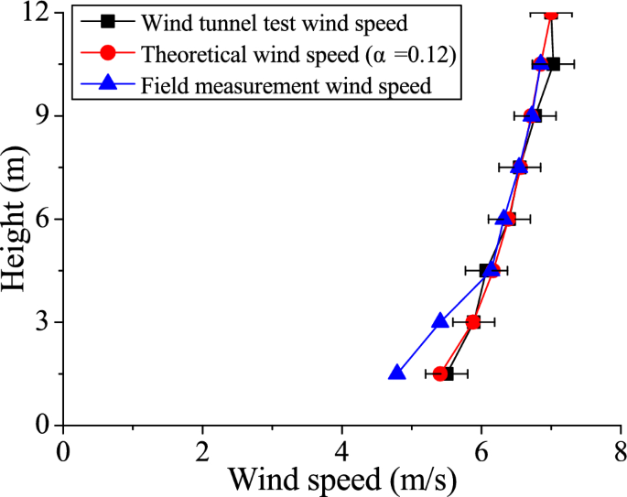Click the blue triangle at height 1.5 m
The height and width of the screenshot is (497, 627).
click(396, 373)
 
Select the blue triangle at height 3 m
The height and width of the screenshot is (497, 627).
click(440, 321)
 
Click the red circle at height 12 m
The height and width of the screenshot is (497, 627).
click(551, 14)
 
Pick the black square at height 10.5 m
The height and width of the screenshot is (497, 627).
click(553, 64)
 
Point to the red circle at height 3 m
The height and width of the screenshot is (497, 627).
click(473, 322)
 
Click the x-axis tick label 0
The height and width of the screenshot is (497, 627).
click(62, 449)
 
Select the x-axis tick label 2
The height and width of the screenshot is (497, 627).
click(202, 449)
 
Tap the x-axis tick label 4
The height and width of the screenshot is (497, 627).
click(341, 449)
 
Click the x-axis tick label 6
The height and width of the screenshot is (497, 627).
click(481, 449)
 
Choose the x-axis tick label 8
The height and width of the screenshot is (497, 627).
click(620, 449)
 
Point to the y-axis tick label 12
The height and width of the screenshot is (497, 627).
click(38, 14)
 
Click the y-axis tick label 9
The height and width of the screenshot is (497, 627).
click(44, 116)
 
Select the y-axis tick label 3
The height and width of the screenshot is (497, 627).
click(44, 322)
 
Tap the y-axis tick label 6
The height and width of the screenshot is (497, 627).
click(44, 220)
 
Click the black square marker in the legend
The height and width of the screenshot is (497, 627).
click(108, 21)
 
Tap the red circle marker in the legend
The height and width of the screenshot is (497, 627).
click(108, 54)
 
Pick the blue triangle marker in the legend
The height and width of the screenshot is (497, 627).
click(108, 85)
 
